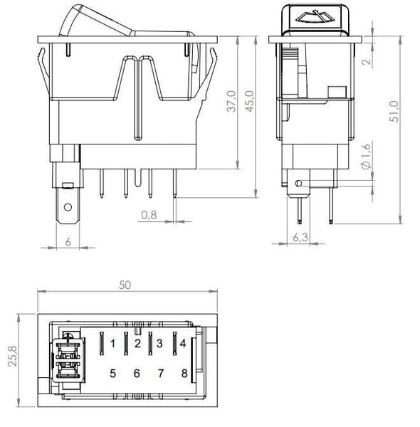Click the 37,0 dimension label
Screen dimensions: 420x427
pyautogui.click(x=231, y=101)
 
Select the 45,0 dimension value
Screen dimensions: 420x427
pyautogui.click(x=250, y=101)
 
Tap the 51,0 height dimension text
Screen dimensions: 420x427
pyautogui.click(x=394, y=112)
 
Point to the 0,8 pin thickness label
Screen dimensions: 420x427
pyautogui.click(x=149, y=215)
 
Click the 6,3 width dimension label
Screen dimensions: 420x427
pyautogui.click(x=300, y=237)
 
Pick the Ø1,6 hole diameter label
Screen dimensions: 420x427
pyautogui.click(x=367, y=156)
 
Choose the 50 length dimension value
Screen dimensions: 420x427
pyautogui.click(x=125, y=285)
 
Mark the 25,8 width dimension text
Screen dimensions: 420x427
pyautogui.click(x=13, y=356)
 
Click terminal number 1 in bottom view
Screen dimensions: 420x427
pyautogui.click(x=113, y=344)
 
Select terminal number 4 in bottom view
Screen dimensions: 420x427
pyautogui.click(x=183, y=344)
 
